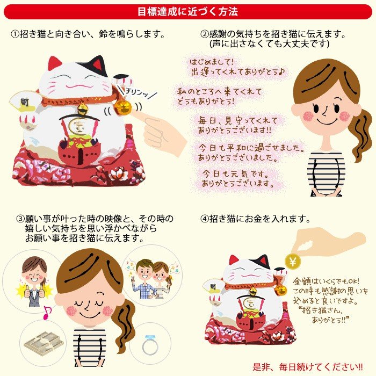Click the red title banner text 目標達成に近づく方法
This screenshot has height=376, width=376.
pyautogui.click(x=188, y=11)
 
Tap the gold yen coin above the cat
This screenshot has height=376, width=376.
pyautogui.click(x=293, y=261)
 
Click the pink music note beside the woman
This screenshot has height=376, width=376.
pyautogui.click(x=47, y=313)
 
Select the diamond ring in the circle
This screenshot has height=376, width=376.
pyautogui.click(x=150, y=345)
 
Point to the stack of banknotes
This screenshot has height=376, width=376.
pyautogui.click(x=44, y=343)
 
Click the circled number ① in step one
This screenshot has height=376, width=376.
pyautogui.click(x=15, y=34)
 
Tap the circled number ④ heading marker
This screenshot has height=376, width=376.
pyautogui.click(x=205, y=219)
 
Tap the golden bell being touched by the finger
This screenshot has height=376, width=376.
pyautogui.click(x=123, y=107)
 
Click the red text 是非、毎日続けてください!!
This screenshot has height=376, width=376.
pyautogui.click(x=308, y=367)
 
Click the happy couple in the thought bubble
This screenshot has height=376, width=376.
pyautogui.click(x=151, y=278)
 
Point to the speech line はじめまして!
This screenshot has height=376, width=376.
pyautogui.click(x=212, y=62)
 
